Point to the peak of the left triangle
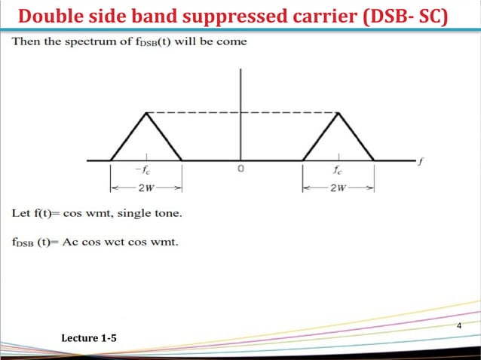pos(146,113)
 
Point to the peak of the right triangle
pos(339,113)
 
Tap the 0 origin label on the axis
pos(240,169)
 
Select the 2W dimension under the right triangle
pos(339,187)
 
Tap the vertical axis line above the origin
pos(240,98)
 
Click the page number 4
pos(459,325)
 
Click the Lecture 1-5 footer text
pos(89,340)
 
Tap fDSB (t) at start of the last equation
pos(31,243)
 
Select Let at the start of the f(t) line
pos(20,213)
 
